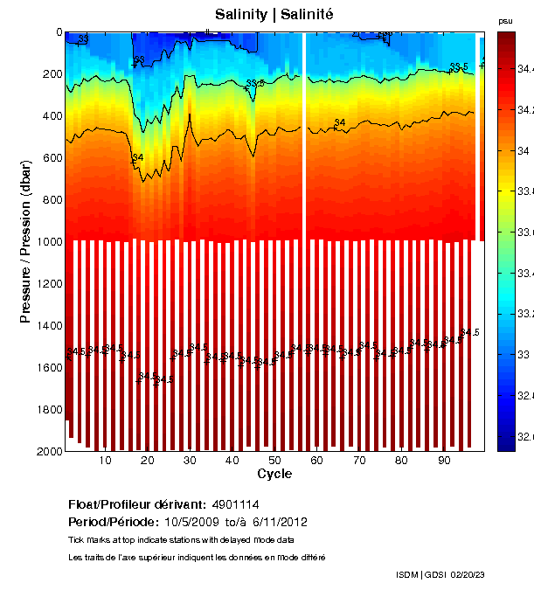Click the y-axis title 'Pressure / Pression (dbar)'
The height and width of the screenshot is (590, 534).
click(25, 241)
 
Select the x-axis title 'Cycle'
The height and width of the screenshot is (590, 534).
click(274, 474)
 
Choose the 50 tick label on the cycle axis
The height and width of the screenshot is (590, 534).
click(274, 461)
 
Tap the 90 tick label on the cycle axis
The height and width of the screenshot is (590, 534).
click(443, 461)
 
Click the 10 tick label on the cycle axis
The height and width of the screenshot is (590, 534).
click(105, 461)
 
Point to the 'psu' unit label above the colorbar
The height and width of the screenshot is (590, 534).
click(505, 20)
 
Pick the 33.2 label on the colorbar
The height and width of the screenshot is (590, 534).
click(524, 313)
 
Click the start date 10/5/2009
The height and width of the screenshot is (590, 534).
click(168, 522)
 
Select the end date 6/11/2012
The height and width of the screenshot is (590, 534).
click(280, 522)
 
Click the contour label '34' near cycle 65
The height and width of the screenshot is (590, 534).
click(340, 122)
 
